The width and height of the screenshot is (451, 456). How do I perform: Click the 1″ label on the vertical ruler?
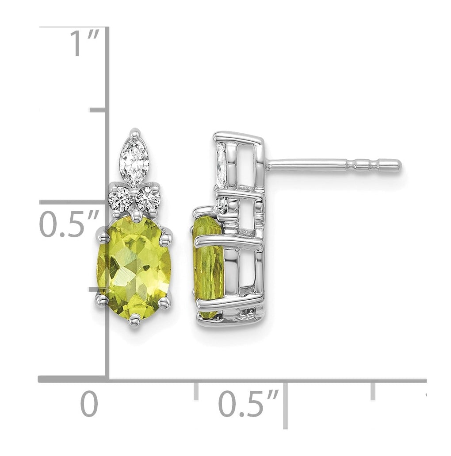pos(84,43)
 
